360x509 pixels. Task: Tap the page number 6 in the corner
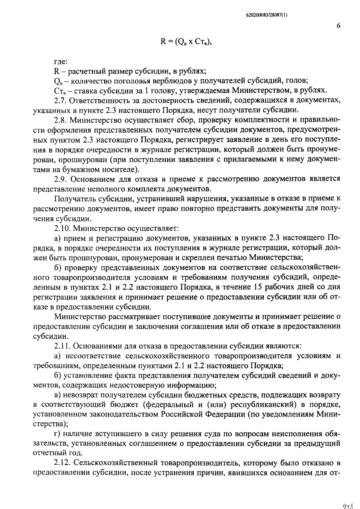tap(338, 26)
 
